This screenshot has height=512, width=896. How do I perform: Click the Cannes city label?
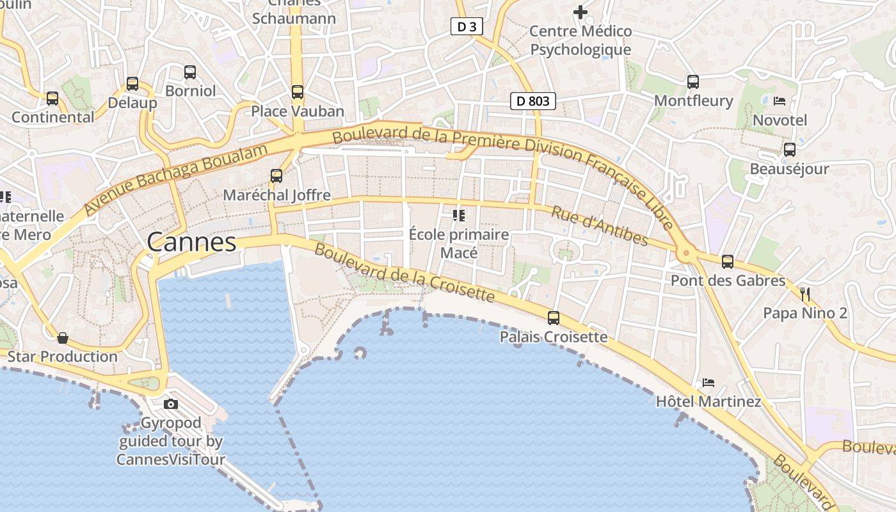[191, 243]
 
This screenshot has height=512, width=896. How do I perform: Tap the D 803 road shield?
[532, 100]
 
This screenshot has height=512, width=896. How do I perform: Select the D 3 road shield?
[467, 26]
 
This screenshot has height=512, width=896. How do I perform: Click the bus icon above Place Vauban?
[298, 92]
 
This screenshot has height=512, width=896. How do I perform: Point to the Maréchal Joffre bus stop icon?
[276, 175]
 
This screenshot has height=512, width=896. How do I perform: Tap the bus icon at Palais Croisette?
[554, 317]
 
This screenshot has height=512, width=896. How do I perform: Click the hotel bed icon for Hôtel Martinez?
[708, 383]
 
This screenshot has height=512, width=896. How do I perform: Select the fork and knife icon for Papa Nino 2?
[805, 294]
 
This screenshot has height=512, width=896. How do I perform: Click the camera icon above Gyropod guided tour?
[171, 404]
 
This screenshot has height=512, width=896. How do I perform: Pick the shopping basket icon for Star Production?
[63, 337]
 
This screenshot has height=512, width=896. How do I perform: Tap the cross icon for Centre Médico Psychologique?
[580, 12]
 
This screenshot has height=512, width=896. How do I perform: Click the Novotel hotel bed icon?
[780, 101]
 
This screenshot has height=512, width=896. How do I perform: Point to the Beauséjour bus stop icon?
[790, 150]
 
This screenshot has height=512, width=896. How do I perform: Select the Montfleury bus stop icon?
[693, 81]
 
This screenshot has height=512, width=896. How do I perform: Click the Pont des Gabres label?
[728, 280]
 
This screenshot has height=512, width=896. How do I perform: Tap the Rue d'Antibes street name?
[600, 226]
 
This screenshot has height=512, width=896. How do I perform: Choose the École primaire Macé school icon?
[458, 216]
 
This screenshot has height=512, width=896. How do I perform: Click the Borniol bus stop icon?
[190, 72]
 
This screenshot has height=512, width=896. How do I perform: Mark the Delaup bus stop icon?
[132, 84]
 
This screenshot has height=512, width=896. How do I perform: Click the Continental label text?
[53, 117]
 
